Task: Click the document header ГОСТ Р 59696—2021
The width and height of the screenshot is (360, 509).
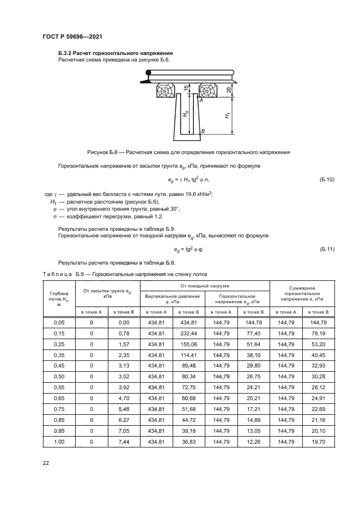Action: pyautogui.click(x=72, y=37)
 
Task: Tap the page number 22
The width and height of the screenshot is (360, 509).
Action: pyautogui.click(x=46, y=463)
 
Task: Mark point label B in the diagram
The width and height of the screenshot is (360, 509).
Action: pyautogui.click(x=202, y=132)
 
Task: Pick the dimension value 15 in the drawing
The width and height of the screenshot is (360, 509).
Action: pyautogui.click(x=186, y=88)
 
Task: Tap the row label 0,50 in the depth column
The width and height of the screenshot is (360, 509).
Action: pyautogui.click(x=59, y=376)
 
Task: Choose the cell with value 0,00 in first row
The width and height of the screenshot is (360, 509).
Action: pyautogui.click(x=124, y=323)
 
